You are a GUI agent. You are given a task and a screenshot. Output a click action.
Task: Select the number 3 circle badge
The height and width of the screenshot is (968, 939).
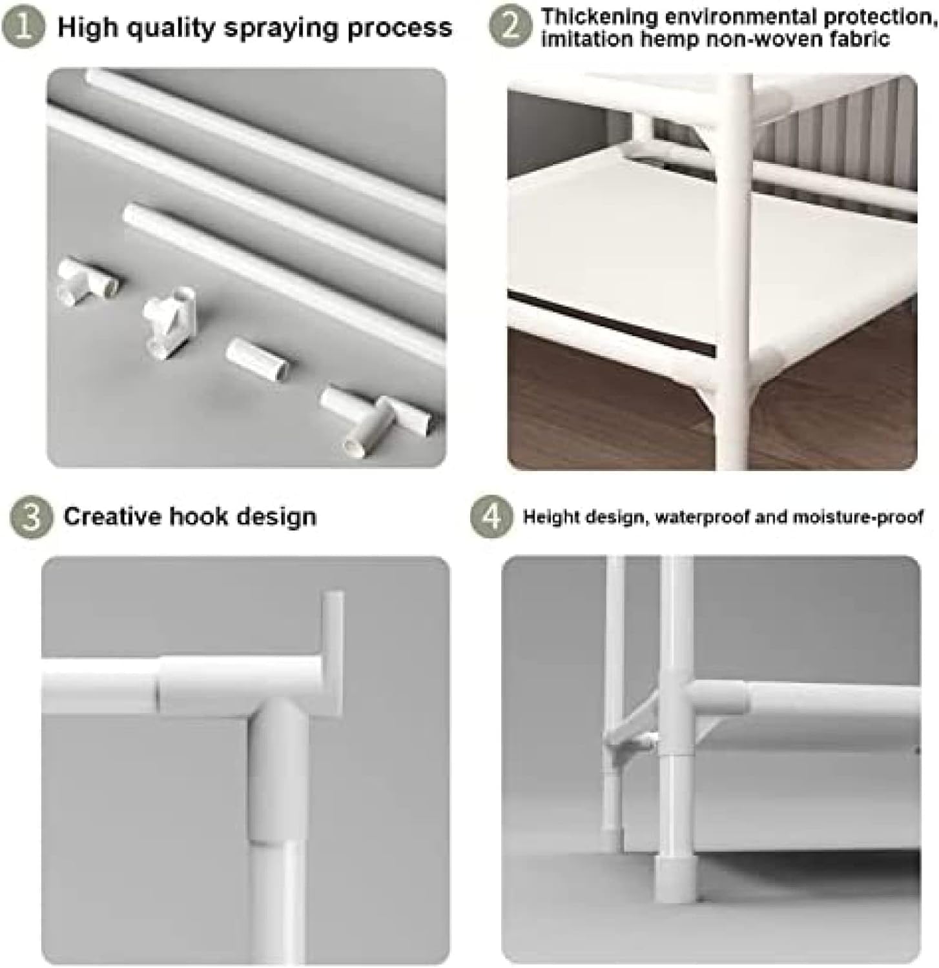pos(30,518)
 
